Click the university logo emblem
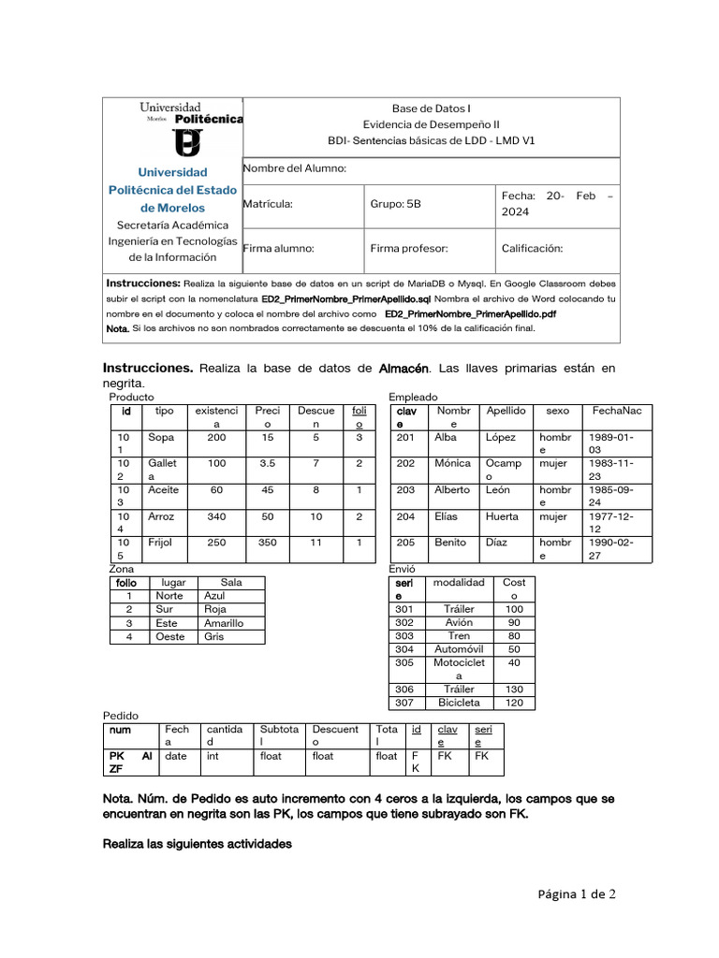point(189,142)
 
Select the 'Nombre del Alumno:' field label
point(295,168)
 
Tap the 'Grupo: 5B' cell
point(396,204)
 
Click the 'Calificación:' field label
point(532,249)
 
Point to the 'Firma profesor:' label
point(409,249)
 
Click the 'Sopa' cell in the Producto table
point(161,437)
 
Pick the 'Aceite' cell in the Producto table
point(163,490)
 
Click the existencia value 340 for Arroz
point(216,516)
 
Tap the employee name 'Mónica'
point(452,463)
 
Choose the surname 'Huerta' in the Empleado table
point(502,516)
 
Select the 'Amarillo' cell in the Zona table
point(224,623)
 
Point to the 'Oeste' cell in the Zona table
point(169,636)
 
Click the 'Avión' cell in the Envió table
point(458,622)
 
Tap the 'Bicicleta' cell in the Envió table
point(459,702)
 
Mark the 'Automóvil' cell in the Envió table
point(459,648)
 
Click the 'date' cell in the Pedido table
point(176,756)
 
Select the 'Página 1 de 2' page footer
point(577,894)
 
